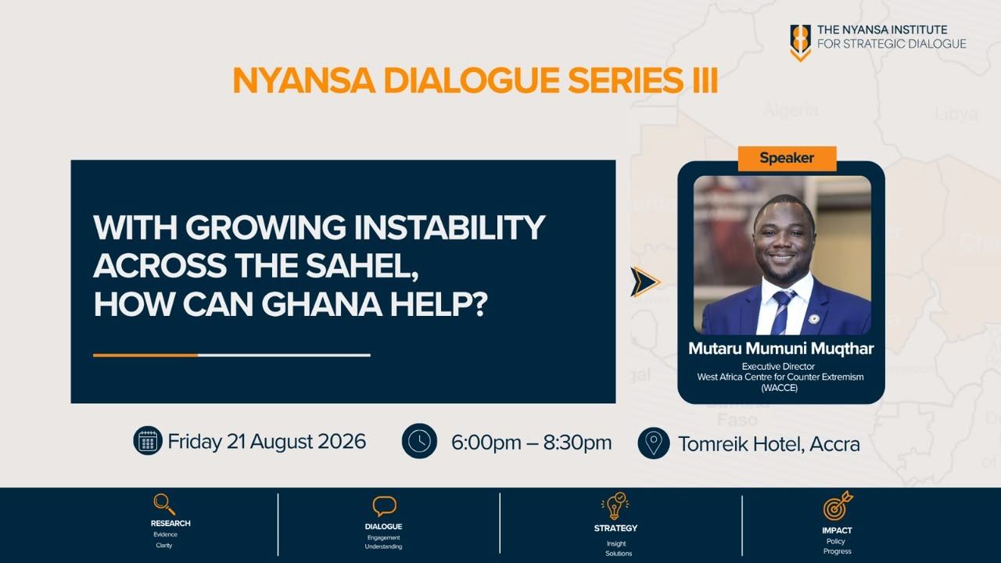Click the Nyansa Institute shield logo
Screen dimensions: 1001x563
click(800, 42)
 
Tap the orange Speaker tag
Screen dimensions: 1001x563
click(787, 158)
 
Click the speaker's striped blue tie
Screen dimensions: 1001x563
click(784, 311)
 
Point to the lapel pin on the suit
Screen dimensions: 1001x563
click(814, 319)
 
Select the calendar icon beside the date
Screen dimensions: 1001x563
click(148, 441)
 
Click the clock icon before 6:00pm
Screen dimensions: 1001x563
click(419, 441)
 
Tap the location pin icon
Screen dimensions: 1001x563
click(653, 443)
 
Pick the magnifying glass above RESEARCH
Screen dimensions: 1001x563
click(164, 504)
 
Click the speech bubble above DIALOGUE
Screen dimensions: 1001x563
click(384, 506)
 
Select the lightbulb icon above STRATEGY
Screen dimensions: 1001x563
click(615, 506)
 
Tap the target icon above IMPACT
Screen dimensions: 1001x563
click(838, 506)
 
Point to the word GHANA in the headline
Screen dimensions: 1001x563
click(321, 305)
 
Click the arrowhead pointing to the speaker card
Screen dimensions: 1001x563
click(645, 282)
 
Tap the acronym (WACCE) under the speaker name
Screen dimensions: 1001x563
click(780, 388)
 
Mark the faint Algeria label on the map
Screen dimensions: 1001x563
click(791, 110)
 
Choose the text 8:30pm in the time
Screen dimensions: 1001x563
click(577, 443)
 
